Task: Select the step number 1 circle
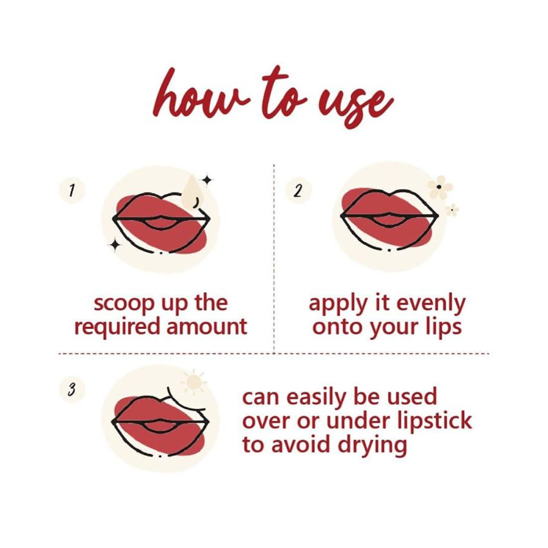point(72,190)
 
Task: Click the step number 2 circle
point(298,190)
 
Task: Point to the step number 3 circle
point(72,389)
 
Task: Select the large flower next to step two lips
point(440,187)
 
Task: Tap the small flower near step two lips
point(453,209)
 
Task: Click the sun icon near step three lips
point(194,383)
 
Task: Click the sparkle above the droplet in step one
point(207,179)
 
